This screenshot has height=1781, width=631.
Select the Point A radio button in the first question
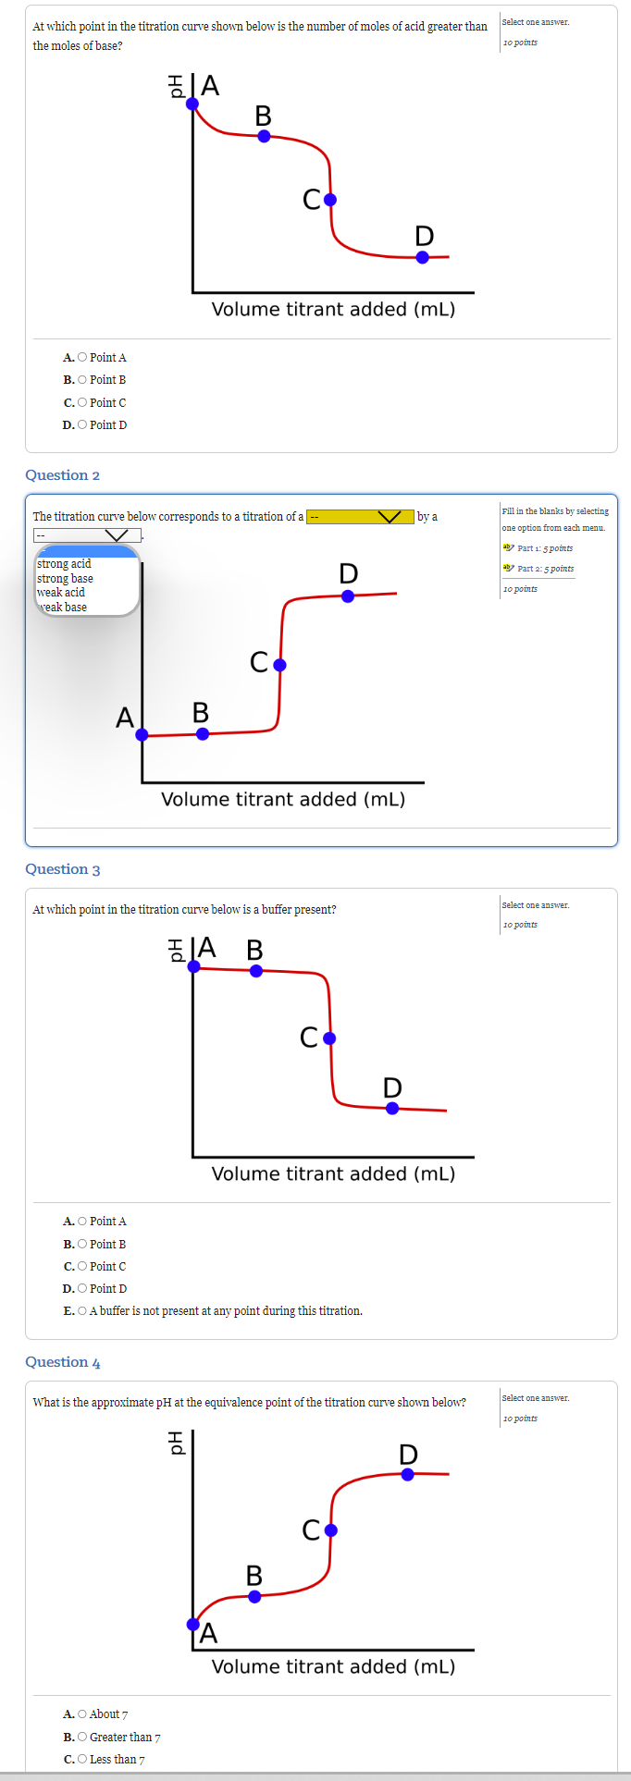pos(82,358)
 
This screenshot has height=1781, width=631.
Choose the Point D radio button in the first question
pos(82,425)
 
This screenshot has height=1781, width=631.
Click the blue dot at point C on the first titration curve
pos(330,200)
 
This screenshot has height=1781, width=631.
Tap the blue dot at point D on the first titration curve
pos(423,257)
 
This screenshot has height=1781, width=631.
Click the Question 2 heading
pos(62,475)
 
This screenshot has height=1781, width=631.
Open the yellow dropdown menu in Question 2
pos(360,516)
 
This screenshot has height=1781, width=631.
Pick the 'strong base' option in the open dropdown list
pos(65,579)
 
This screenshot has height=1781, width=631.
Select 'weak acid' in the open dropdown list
pos(61,593)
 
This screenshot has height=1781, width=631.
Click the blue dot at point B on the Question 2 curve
pos(203,734)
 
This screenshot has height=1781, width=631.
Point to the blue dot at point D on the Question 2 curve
pos(348,596)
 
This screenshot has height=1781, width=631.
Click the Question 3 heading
pos(62,869)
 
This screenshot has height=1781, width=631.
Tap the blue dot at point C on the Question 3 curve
pos(329,1038)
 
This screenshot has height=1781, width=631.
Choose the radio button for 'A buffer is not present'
pos(82,1311)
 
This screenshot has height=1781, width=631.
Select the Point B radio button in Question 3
pos(82,1245)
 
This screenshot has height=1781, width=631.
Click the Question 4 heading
pos(62,1362)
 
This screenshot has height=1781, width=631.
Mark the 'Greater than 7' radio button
pos(82,1738)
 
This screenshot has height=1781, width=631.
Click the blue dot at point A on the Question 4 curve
pos(193,1625)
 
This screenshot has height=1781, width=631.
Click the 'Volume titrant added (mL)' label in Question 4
pos(333,1667)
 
